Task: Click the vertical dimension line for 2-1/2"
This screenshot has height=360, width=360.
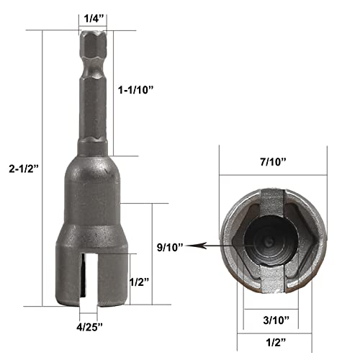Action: click(x=44, y=173)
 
